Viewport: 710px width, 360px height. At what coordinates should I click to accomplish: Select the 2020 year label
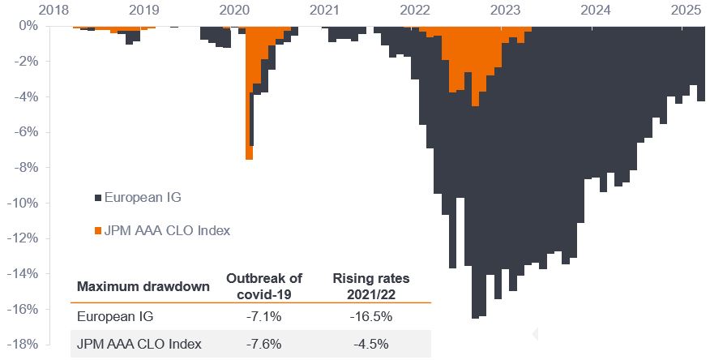[234, 10]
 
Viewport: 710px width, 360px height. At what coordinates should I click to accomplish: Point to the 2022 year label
[415, 10]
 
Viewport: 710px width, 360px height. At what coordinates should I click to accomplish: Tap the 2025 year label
[685, 10]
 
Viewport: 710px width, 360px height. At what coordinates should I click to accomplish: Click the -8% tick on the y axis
[27, 168]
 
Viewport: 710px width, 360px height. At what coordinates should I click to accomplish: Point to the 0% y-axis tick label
[29, 25]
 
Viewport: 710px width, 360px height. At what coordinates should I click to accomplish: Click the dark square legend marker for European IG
[98, 197]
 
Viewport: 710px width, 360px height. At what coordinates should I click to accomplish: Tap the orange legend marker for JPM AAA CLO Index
[98, 231]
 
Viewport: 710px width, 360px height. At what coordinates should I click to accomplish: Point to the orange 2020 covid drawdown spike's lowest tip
[249, 158]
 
